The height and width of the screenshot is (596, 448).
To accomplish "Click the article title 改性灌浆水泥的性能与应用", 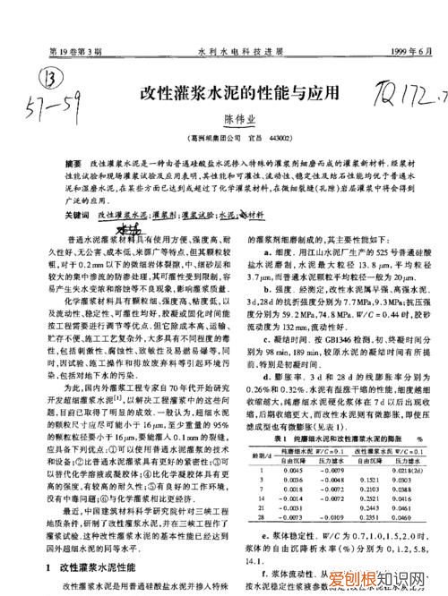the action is pyautogui.click(x=240, y=93).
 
